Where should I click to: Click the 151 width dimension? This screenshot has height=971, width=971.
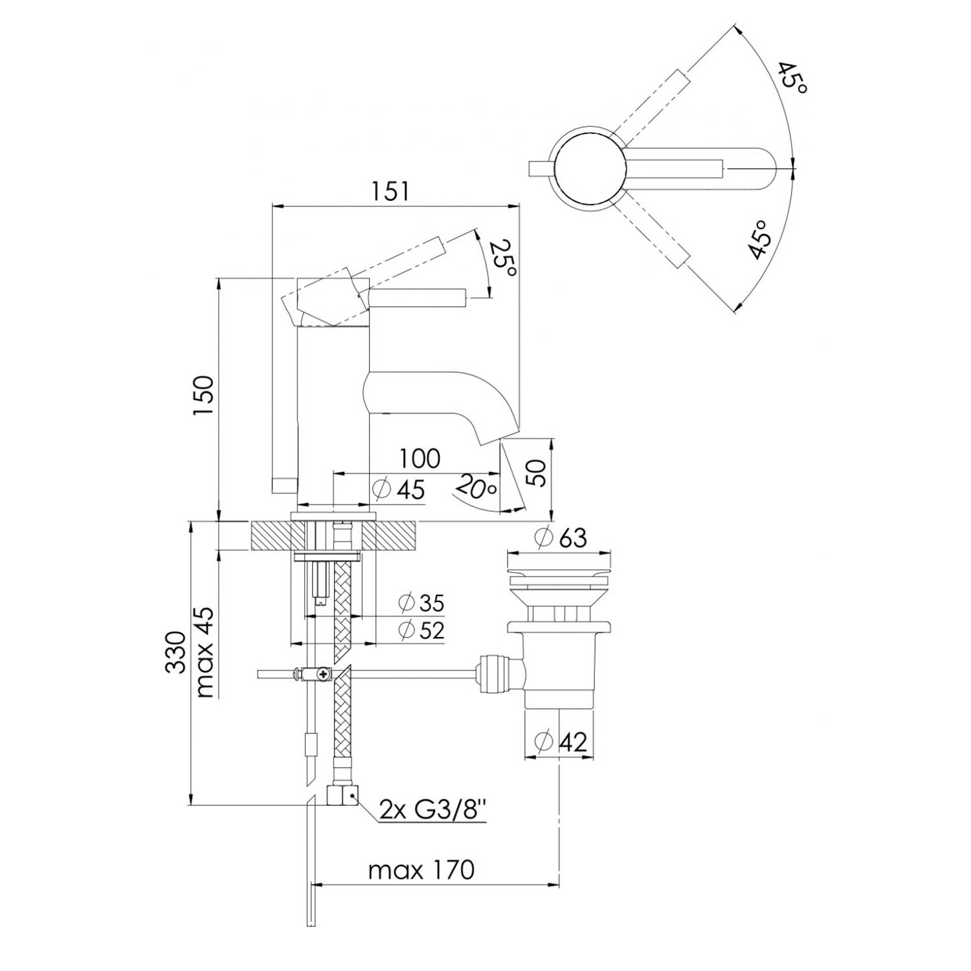click(390, 192)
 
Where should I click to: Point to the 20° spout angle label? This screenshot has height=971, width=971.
click(476, 487)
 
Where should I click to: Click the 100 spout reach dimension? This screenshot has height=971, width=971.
click(419, 459)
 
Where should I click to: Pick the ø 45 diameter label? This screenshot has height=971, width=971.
click(399, 489)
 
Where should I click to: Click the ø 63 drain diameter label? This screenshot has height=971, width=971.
click(561, 537)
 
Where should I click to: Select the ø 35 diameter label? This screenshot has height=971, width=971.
click(422, 603)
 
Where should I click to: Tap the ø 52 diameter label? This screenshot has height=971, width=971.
click(422, 630)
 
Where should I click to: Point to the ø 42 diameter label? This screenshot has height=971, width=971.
click(561, 741)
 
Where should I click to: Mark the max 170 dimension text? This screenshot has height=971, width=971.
click(421, 870)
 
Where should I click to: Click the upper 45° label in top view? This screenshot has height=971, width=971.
click(792, 78)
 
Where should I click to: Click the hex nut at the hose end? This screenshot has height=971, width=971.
click(343, 795)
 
